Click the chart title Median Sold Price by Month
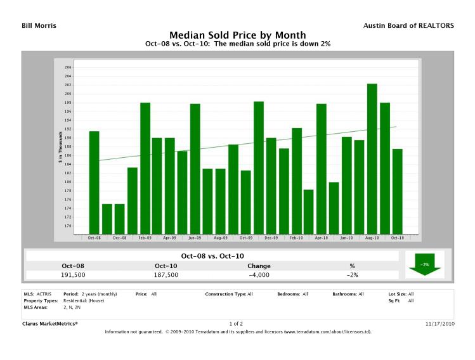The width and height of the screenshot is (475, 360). pos(237,35)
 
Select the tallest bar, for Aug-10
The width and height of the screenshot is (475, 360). pos(372,158)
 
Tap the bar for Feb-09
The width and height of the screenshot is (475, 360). pos(145,168)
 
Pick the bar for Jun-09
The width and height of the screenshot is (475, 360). pos(195,169)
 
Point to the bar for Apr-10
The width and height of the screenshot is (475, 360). pos(321,169)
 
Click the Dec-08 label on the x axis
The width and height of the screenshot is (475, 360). pos(119,238)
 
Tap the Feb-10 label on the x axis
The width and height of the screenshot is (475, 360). pos(296,238)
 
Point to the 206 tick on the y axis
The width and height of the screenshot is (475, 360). pos(68,67)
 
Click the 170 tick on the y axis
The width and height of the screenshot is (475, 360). pos(68,226)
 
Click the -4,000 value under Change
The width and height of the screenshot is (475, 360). pos(259,275)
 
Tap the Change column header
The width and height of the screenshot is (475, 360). pos(259,266)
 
